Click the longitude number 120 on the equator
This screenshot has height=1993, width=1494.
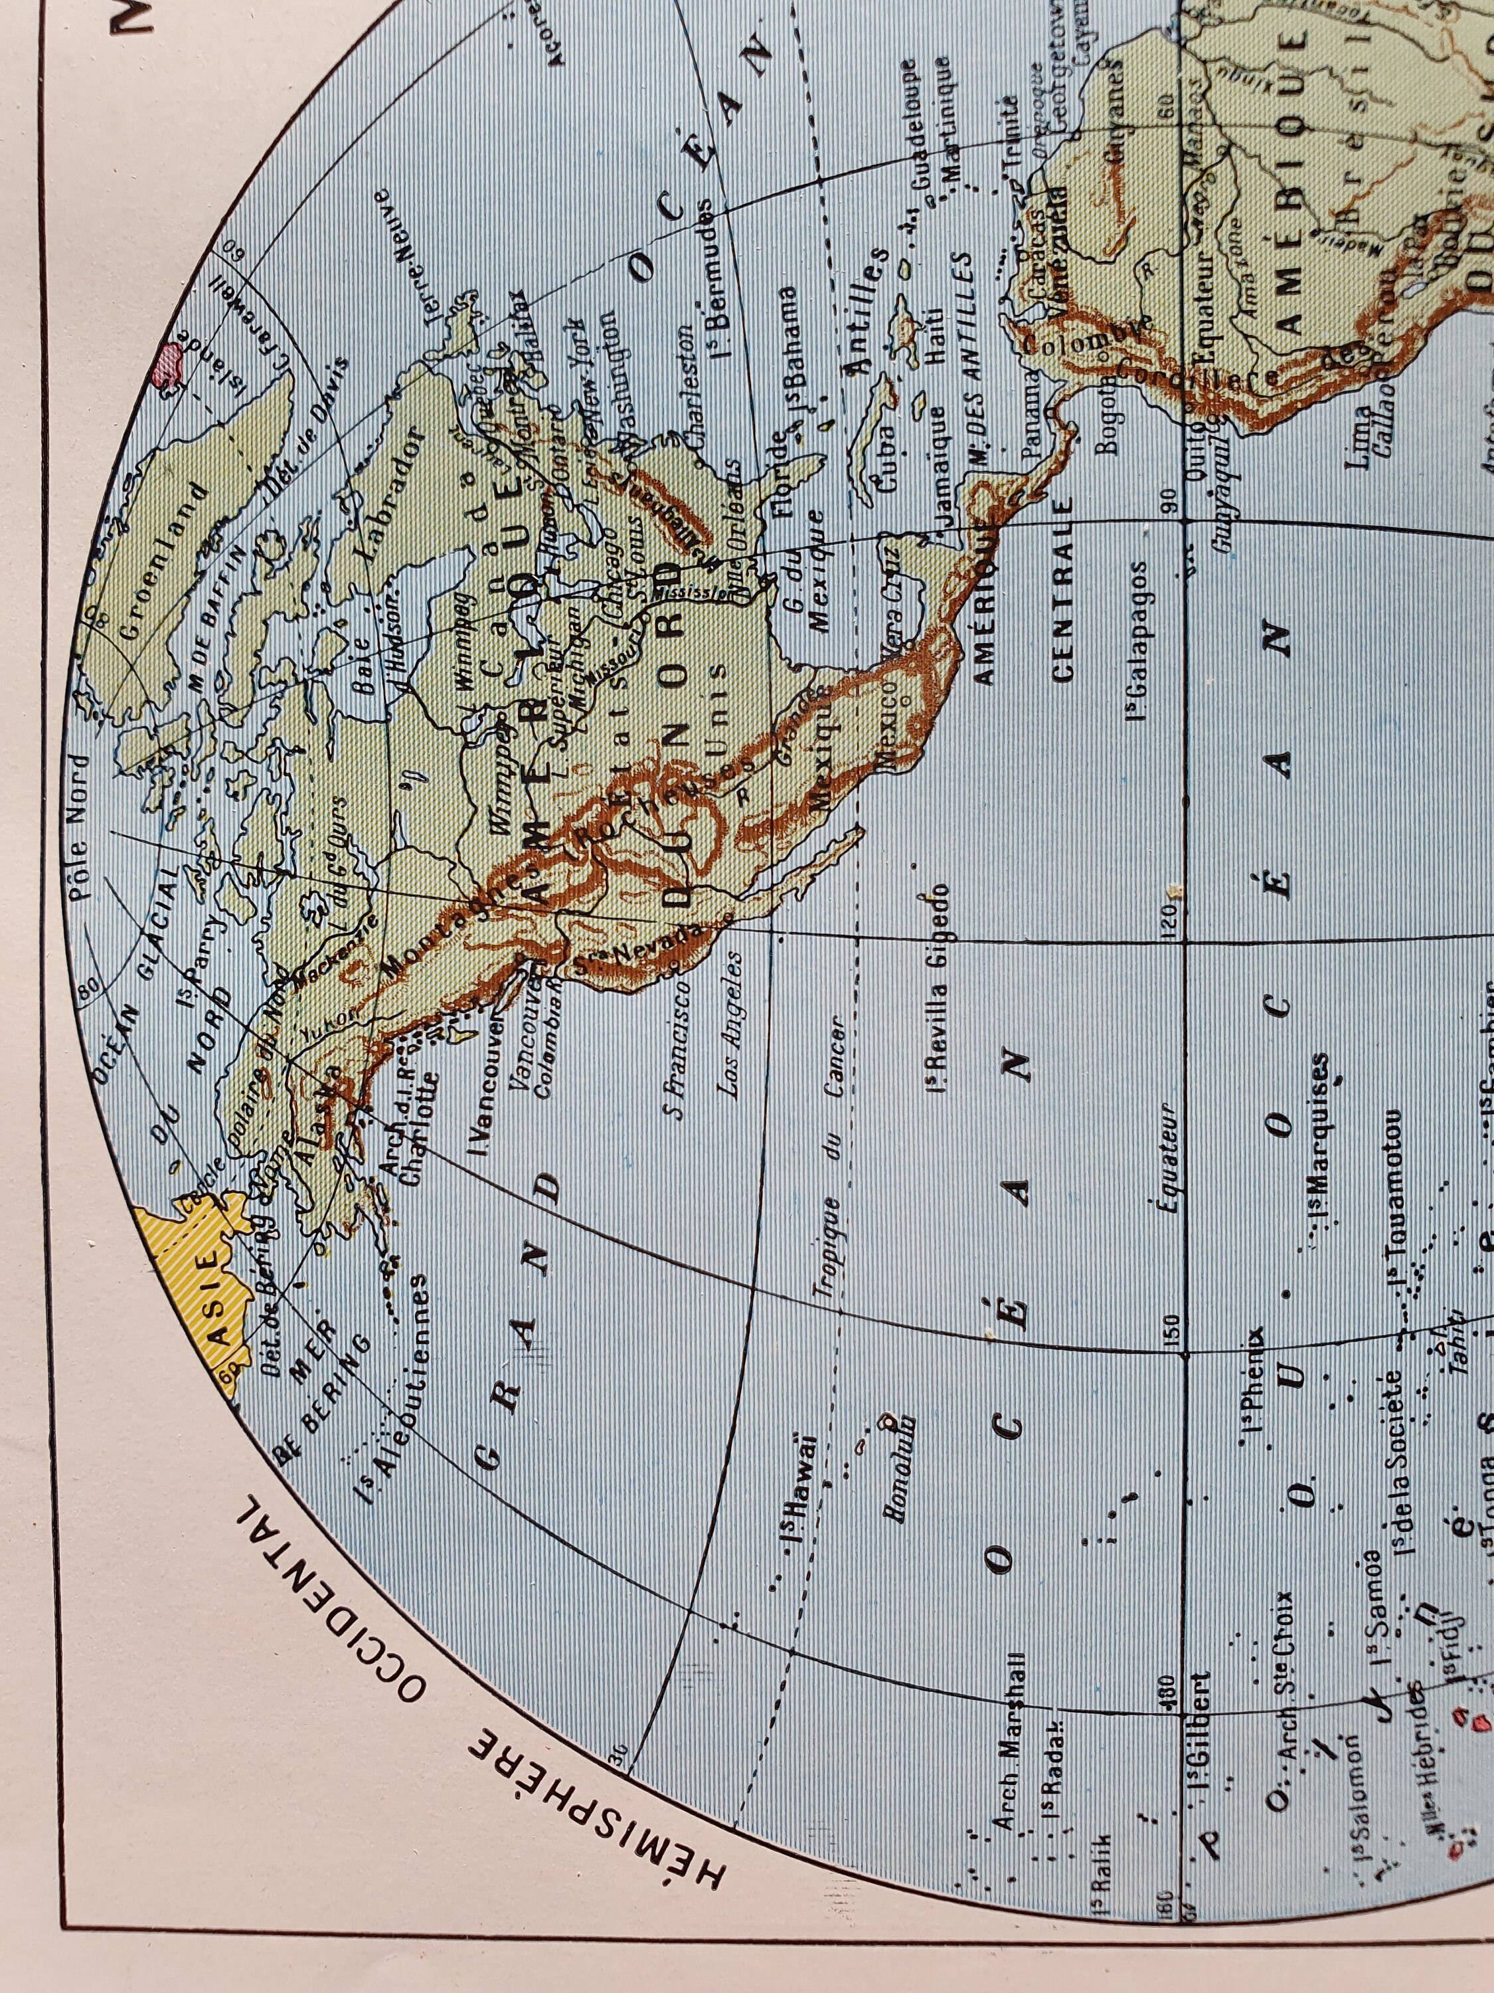click(1171, 920)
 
